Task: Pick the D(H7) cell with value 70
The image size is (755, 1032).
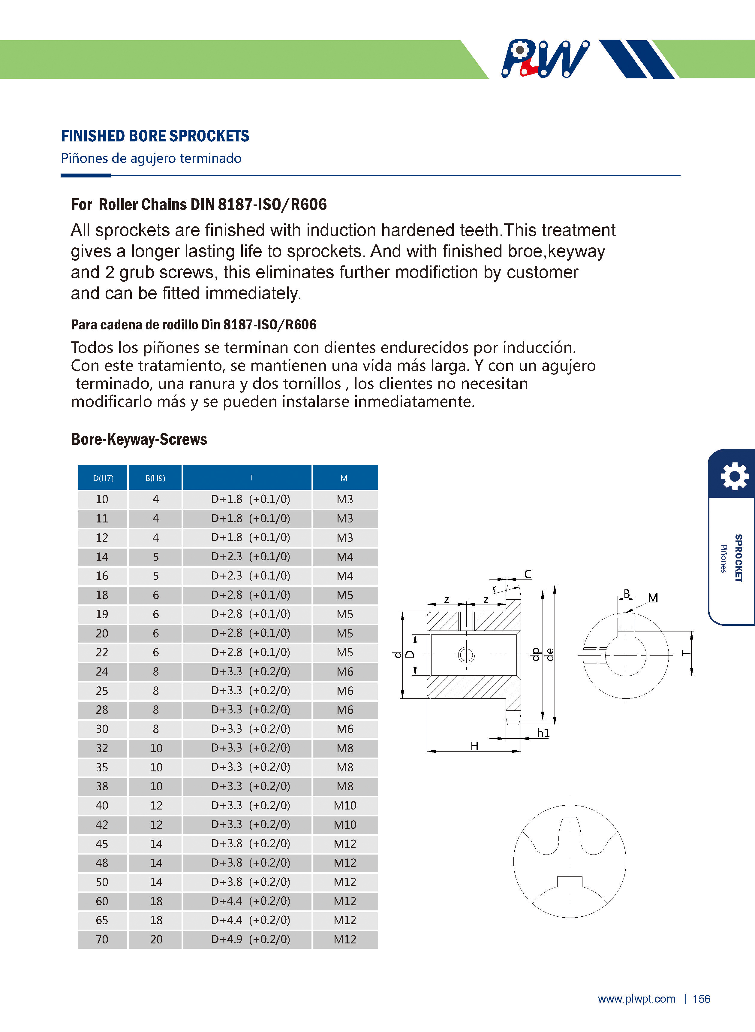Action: [x=102, y=940]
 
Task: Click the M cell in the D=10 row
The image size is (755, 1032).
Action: [x=345, y=499]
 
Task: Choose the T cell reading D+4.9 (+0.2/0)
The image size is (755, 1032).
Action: [x=251, y=940]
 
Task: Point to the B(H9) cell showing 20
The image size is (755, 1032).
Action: [x=156, y=940]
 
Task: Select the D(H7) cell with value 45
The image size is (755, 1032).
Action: [x=102, y=844]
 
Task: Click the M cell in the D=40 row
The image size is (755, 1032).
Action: [x=345, y=806]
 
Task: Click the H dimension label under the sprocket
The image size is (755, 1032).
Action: [x=474, y=746]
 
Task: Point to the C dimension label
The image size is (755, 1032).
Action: [x=528, y=574]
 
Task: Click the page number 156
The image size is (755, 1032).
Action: [x=702, y=999]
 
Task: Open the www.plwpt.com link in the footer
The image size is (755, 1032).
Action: [x=637, y=999]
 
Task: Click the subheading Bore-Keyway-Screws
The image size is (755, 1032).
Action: [x=139, y=439]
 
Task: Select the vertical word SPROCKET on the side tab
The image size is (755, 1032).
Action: [x=738, y=558]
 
